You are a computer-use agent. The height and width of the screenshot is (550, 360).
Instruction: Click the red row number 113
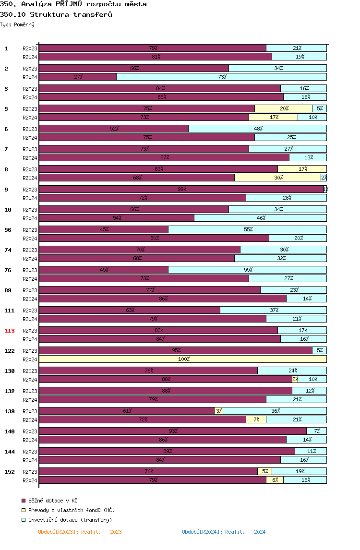tap(10, 331)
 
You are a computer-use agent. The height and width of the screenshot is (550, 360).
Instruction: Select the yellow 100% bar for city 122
tap(183, 359)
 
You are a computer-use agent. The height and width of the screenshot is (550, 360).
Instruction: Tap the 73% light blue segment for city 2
tap(221, 77)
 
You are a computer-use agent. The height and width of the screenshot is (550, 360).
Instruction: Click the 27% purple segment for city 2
tap(78, 77)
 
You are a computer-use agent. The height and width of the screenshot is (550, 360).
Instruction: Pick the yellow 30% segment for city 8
tap(277, 178)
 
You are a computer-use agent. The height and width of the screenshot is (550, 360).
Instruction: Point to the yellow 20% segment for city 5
tap(283, 108)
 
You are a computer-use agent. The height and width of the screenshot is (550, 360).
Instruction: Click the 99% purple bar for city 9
tap(181, 189)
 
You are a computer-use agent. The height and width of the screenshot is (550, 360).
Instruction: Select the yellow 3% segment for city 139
tap(218, 411)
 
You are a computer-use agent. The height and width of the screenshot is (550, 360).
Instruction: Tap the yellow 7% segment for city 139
tap(256, 419)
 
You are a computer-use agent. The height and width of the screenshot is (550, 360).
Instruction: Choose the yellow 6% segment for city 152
tap(275, 480)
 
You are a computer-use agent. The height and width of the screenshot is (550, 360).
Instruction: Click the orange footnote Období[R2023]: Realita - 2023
tap(80, 532)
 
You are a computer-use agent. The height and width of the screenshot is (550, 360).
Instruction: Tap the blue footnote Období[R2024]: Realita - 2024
tap(224, 532)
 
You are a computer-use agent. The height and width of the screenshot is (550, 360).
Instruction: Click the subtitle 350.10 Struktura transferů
tap(56, 14)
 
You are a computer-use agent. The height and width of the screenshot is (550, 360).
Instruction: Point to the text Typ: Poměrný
tap(17, 24)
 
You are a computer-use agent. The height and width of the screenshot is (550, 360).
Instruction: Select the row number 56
tap(8, 230)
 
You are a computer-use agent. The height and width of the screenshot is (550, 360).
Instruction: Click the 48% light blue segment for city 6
tap(257, 129)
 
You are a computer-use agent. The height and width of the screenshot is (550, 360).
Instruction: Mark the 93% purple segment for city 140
tap(173, 431)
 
